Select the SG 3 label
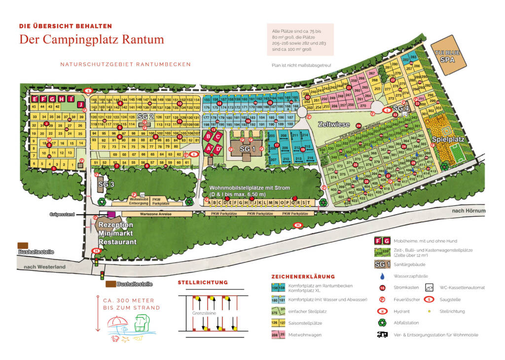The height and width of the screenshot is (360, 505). click(107, 184)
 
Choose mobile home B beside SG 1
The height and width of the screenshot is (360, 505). click(209, 136)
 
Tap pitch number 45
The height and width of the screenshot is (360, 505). click(35, 107)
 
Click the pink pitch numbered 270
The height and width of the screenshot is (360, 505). click(362, 106)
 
